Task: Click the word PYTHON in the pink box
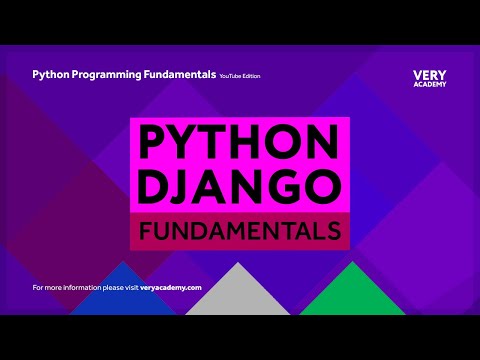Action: click(239, 143)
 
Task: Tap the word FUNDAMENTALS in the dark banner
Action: click(239, 230)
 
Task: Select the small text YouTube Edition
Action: click(242, 75)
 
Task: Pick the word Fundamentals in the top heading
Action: click(181, 74)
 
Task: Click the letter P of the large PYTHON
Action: click(152, 143)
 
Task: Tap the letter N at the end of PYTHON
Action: click(325, 143)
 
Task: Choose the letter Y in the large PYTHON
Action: click(186, 143)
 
